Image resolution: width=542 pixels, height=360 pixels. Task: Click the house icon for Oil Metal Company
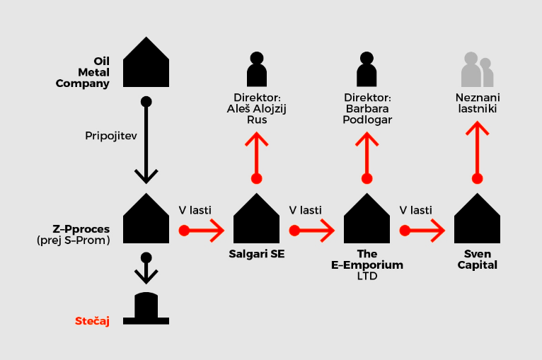(x=146, y=62)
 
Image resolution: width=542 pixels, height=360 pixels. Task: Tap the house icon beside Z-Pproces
(x=146, y=219)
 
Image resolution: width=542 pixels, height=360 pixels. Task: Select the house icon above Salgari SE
(x=256, y=219)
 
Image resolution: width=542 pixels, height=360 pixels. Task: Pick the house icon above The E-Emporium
(x=367, y=219)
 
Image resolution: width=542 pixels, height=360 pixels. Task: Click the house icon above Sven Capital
(x=477, y=219)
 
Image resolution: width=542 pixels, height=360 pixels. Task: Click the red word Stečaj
(x=92, y=321)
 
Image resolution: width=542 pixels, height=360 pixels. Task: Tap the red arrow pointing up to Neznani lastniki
(x=478, y=151)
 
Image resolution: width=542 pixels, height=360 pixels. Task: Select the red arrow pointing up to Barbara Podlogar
(x=367, y=151)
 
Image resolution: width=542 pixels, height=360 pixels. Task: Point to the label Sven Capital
(x=477, y=260)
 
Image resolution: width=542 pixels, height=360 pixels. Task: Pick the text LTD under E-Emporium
(x=367, y=277)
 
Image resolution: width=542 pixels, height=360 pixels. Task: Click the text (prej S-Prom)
(x=73, y=241)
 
